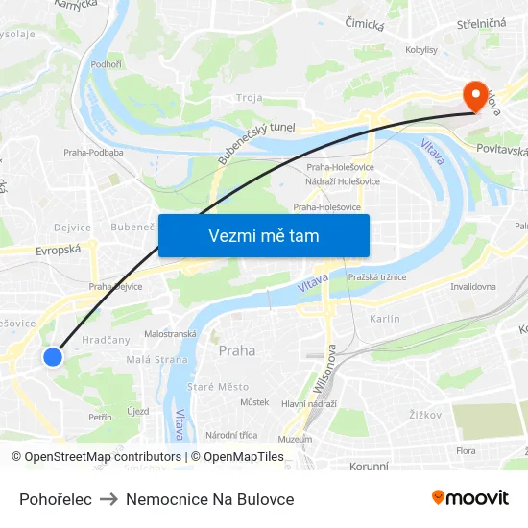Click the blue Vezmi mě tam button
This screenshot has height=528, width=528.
264,235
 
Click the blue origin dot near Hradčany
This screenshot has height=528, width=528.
53,356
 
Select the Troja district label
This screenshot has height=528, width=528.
250,98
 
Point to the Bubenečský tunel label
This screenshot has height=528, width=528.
254,140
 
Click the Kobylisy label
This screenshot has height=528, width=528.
421,49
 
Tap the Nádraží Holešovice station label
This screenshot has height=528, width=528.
343,181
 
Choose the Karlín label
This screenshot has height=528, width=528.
384,319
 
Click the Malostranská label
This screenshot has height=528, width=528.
170,334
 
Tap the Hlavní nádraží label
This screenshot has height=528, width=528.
308,403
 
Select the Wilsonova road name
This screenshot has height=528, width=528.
324,369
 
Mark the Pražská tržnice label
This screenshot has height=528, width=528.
377,277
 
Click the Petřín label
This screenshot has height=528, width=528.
100,417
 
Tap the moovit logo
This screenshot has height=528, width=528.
469,498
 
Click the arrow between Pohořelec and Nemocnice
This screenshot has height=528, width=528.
108,499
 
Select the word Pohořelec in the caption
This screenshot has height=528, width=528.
56,499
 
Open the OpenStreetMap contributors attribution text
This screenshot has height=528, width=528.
103,457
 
